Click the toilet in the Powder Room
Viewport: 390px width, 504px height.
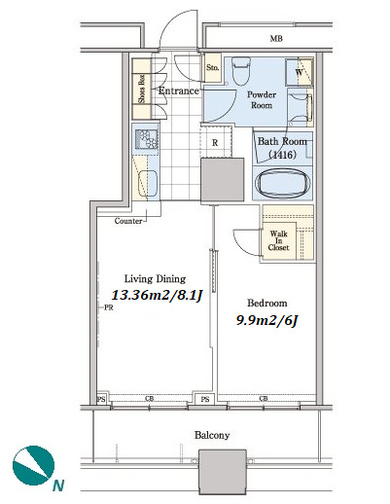click(x=241, y=71)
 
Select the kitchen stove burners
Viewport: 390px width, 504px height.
click(x=147, y=139)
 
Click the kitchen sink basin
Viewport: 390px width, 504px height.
click(x=148, y=184)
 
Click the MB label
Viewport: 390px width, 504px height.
click(x=276, y=39)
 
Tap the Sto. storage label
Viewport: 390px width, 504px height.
click(x=213, y=68)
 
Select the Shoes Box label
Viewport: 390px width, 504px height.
click(x=141, y=90)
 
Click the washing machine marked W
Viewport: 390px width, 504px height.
click(x=299, y=72)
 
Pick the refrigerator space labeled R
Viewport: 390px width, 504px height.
click(x=215, y=142)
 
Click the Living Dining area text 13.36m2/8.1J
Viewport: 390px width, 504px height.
click(x=158, y=295)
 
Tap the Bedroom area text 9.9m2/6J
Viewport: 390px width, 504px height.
click(x=266, y=320)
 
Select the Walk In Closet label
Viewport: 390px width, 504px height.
click(x=278, y=240)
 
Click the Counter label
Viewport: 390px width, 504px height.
click(x=128, y=221)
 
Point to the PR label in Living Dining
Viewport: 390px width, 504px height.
click(x=109, y=307)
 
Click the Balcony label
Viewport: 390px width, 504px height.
click(x=212, y=435)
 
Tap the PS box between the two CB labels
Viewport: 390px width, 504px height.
click(x=205, y=399)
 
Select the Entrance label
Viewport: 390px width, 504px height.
click(x=178, y=90)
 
